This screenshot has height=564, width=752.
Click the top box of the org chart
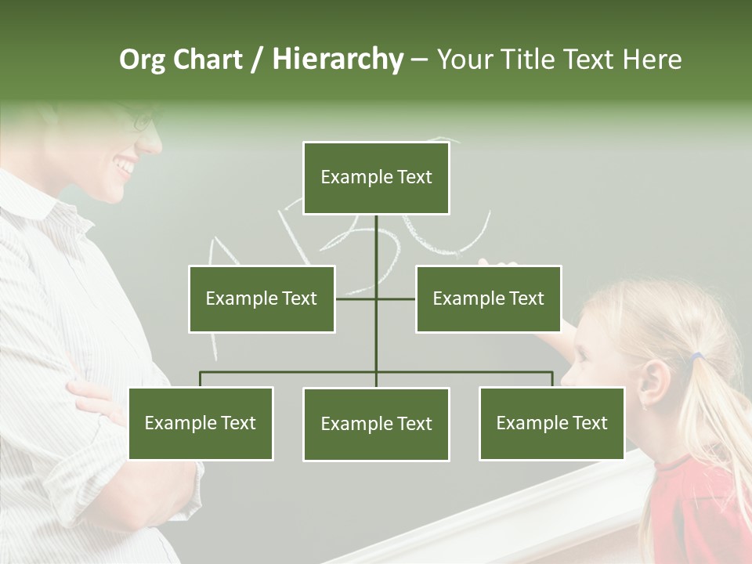pyautogui.click(x=376, y=178)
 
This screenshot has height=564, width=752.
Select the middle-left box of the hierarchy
pyautogui.click(x=262, y=298)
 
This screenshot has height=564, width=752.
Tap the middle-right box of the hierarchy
pyautogui.click(x=488, y=298)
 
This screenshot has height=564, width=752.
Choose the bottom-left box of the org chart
pyautogui.click(x=201, y=423)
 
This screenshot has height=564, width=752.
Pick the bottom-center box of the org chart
pyautogui.click(x=376, y=424)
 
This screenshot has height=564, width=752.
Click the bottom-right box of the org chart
pyautogui.click(x=551, y=423)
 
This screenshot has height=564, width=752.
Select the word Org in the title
pyautogui.click(x=142, y=60)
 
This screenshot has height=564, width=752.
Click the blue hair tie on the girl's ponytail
pyautogui.click(x=696, y=358)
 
